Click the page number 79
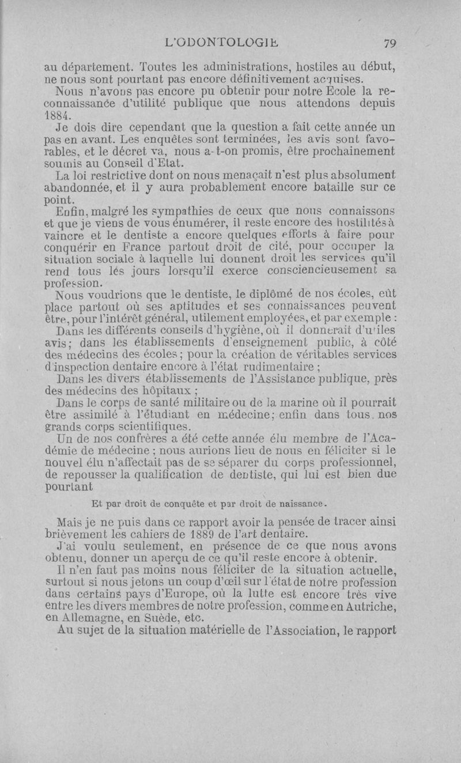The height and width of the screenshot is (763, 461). pyautogui.click(x=390, y=43)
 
